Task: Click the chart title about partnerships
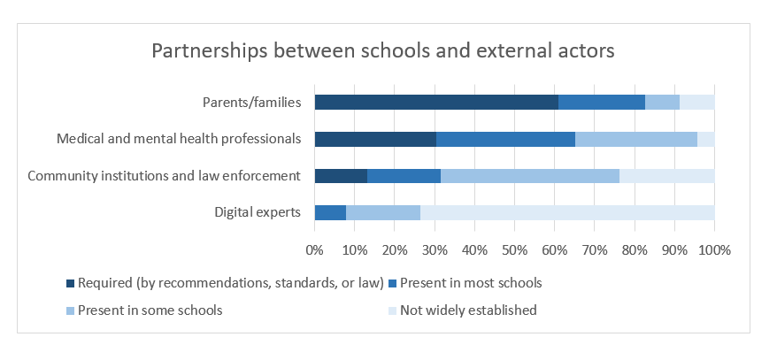(x=383, y=50)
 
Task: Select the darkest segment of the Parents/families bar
(x=436, y=102)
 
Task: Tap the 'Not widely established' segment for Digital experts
(x=566, y=212)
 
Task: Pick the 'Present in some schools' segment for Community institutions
(x=529, y=175)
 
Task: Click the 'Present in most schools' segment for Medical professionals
(x=505, y=139)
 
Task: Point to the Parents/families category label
(x=251, y=102)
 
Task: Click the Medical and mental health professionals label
(x=179, y=139)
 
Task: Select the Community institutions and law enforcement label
(x=165, y=175)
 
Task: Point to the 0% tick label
(x=314, y=250)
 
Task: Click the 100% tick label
(x=714, y=250)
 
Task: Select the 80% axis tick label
(x=635, y=250)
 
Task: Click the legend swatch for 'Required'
(x=71, y=284)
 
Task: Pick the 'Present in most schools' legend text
(x=471, y=284)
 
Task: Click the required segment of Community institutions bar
(x=341, y=175)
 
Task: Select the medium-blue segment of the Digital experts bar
(x=330, y=212)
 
